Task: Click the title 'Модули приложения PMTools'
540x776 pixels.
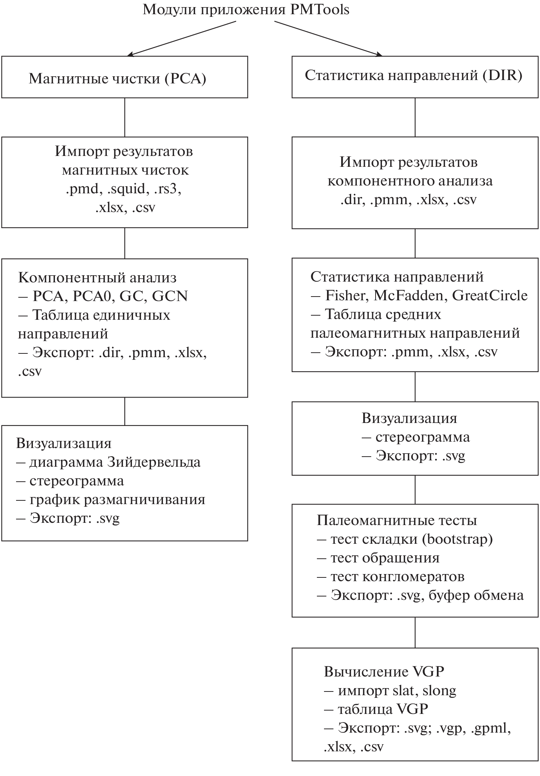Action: (x=246, y=9)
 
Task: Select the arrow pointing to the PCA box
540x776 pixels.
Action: (x=182, y=38)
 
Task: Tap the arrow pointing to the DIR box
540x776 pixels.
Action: (x=328, y=38)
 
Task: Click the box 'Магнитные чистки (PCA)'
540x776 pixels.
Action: (x=124, y=77)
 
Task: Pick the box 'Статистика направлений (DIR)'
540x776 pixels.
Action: (x=415, y=77)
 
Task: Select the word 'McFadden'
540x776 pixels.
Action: (x=408, y=295)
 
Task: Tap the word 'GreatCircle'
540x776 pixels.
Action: (x=490, y=295)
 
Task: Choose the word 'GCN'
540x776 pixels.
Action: (x=170, y=296)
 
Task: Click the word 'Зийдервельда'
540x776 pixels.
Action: (x=154, y=462)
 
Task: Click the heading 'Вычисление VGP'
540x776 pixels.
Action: (x=384, y=672)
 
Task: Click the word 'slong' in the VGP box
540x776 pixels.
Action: (x=439, y=690)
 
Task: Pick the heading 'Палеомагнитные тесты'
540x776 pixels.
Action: (x=397, y=521)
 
